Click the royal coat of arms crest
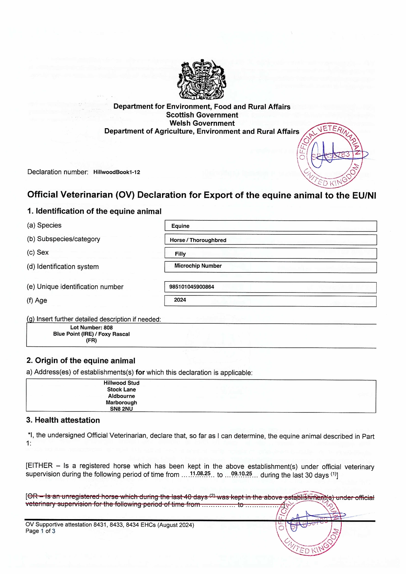[202, 80]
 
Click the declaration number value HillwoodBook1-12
[117, 172]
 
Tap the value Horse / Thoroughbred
[198, 240]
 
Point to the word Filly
[180, 254]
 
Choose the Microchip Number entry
[198, 266]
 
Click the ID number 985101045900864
[192, 287]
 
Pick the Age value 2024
[180, 300]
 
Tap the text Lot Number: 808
[91, 328]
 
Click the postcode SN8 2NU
[121, 409]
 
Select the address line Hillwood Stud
[121, 383]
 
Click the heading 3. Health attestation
[63, 420]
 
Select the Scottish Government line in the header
[202, 115]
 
